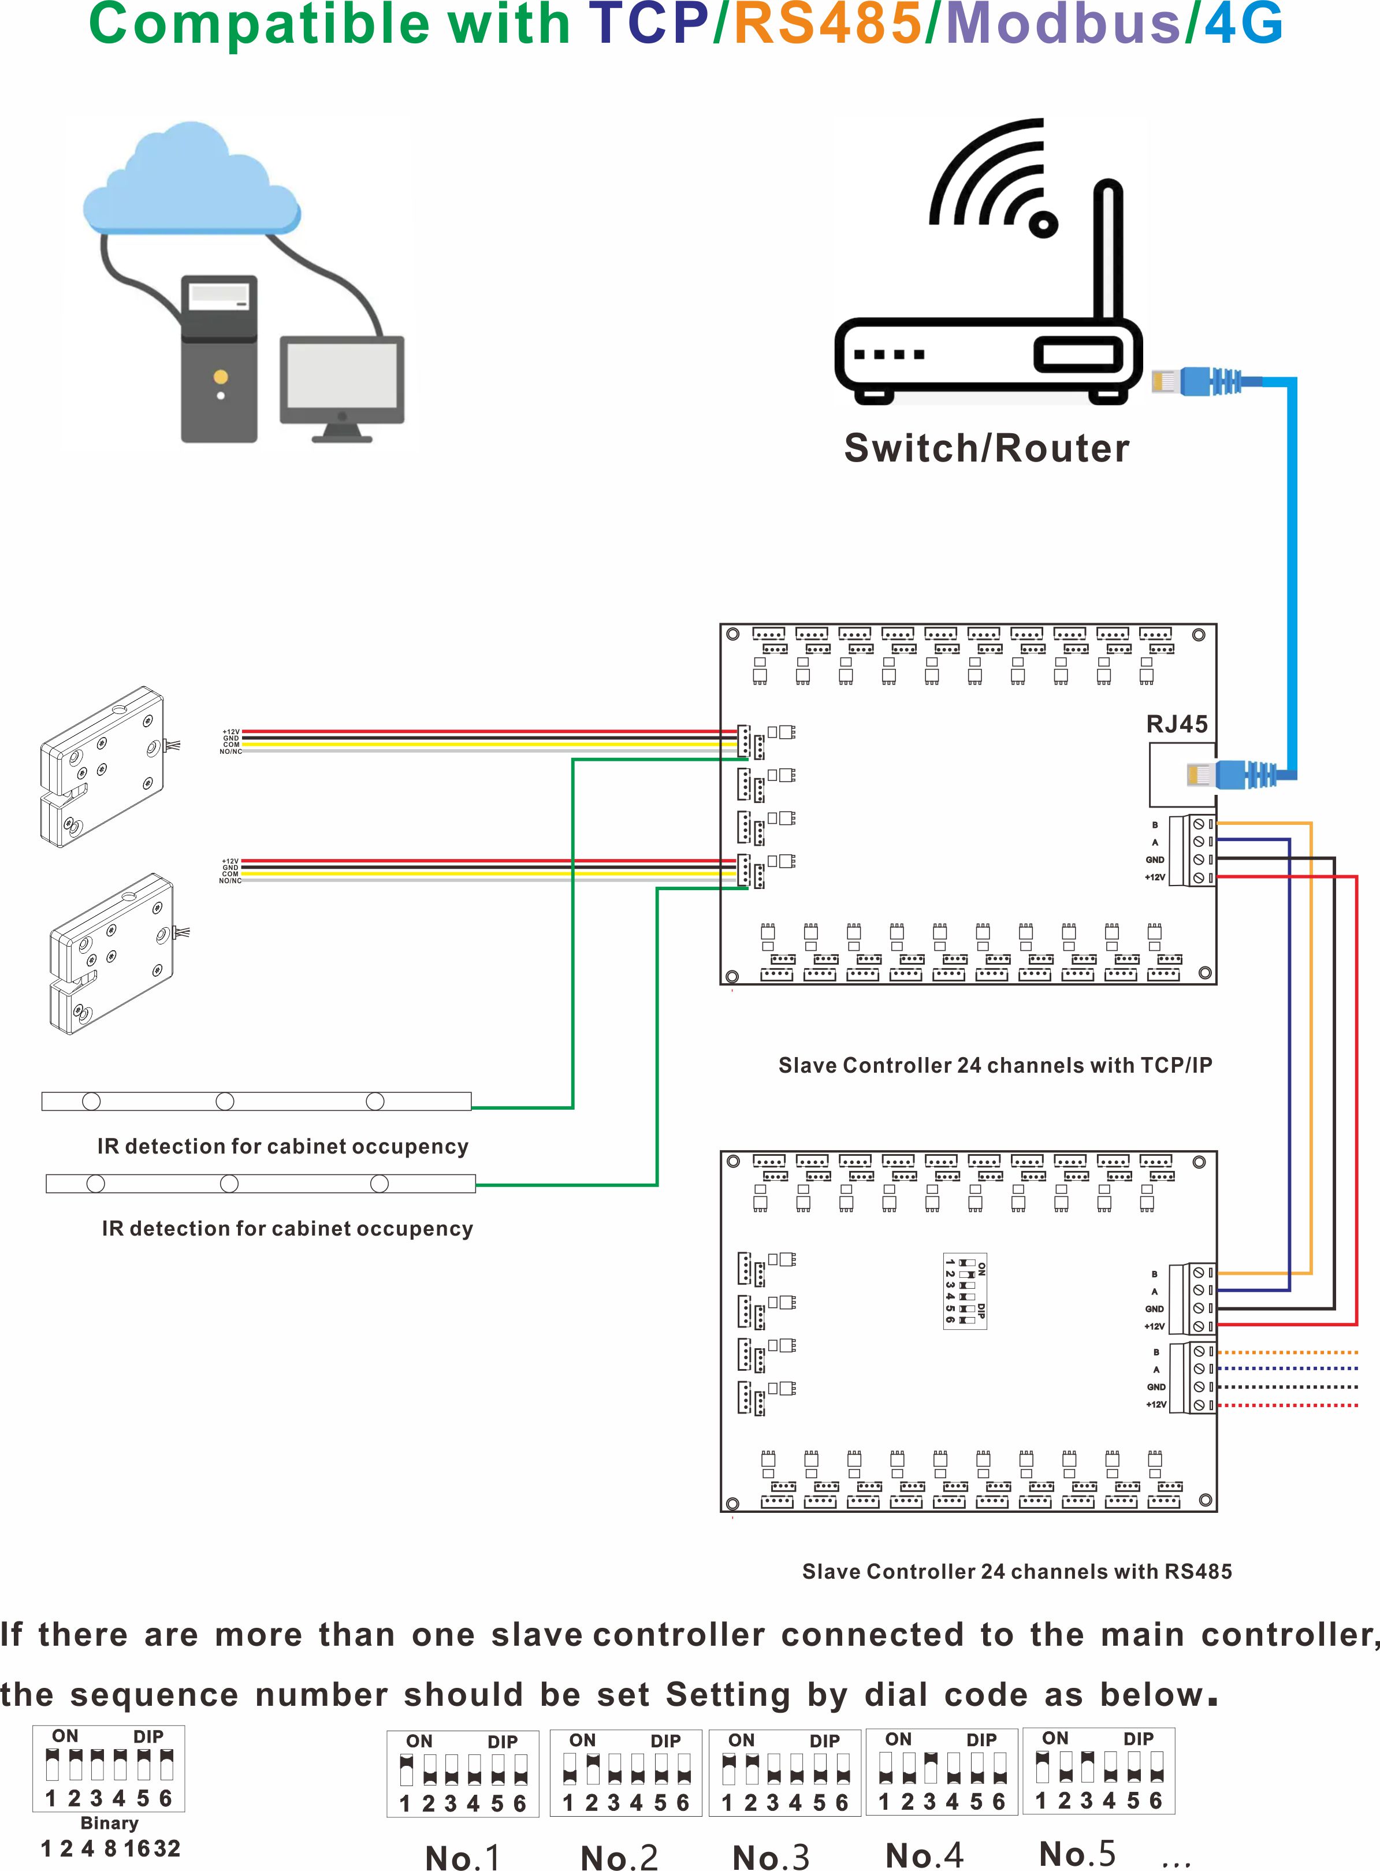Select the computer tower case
pos(219,359)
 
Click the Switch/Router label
pos(987,448)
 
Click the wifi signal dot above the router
pos(1043,223)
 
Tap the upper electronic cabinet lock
pos(102,767)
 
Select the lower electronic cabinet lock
pos(112,953)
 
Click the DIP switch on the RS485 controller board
pos(965,1290)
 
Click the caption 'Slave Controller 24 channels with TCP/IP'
pos(995,1065)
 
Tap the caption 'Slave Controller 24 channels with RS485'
pos(1017,1571)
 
